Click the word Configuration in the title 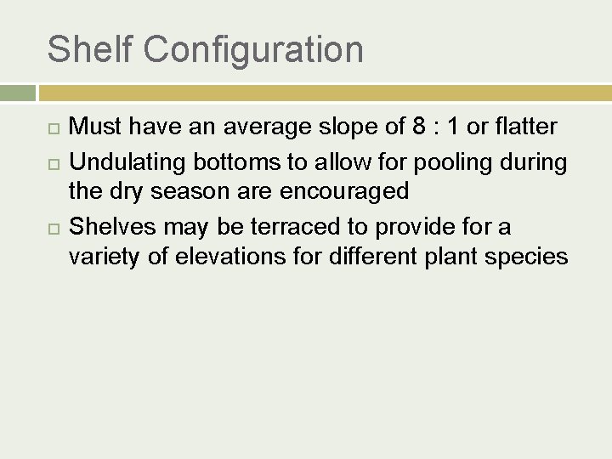253,51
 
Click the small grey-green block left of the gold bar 17,93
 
